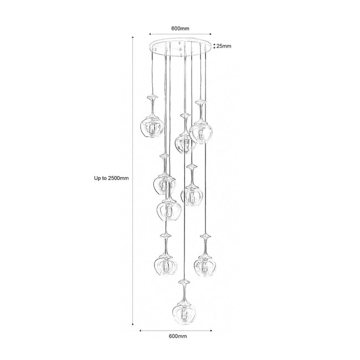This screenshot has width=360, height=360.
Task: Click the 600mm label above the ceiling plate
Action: click(x=180, y=28)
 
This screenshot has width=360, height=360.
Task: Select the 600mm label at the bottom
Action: click(x=178, y=336)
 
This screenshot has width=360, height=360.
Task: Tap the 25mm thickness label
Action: click(x=224, y=46)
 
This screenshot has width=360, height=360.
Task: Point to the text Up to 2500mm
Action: click(x=111, y=178)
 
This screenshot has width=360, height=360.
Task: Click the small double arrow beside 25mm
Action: click(x=214, y=46)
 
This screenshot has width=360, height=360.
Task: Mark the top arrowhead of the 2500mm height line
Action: click(x=133, y=38)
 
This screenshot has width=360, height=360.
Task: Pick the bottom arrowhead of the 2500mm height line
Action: click(x=133, y=324)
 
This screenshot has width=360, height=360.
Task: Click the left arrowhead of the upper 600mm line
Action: click(x=150, y=34)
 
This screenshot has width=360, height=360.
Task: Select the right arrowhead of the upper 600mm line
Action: click(x=210, y=34)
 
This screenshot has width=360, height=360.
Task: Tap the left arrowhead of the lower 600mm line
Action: click(x=141, y=331)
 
